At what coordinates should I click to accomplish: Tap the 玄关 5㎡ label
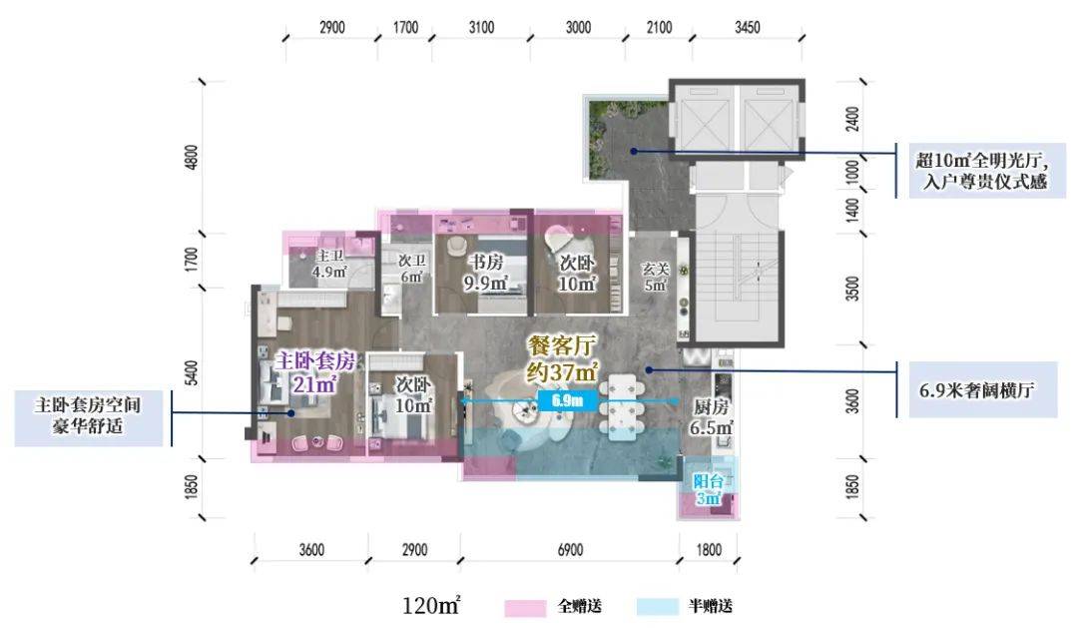click(x=655, y=276)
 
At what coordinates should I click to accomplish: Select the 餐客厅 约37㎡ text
click(x=562, y=358)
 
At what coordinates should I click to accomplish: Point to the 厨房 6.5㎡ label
click(x=712, y=416)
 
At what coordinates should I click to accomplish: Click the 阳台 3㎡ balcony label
click(x=708, y=490)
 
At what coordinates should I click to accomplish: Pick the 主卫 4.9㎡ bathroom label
click(x=329, y=265)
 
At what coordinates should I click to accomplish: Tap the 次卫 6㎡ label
click(x=412, y=269)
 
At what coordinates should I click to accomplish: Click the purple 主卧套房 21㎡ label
click(x=314, y=371)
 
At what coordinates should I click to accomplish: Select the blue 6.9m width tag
click(x=568, y=400)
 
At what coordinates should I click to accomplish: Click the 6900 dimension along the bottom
click(x=570, y=549)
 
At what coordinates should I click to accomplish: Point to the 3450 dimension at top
click(x=748, y=28)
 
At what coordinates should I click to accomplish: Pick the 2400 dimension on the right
click(x=852, y=119)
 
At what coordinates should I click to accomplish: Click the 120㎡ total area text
click(x=431, y=605)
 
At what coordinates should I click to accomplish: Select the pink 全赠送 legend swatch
click(x=525, y=607)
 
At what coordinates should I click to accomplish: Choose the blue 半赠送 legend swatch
click(x=657, y=607)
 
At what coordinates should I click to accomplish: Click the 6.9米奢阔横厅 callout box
click(x=983, y=390)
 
